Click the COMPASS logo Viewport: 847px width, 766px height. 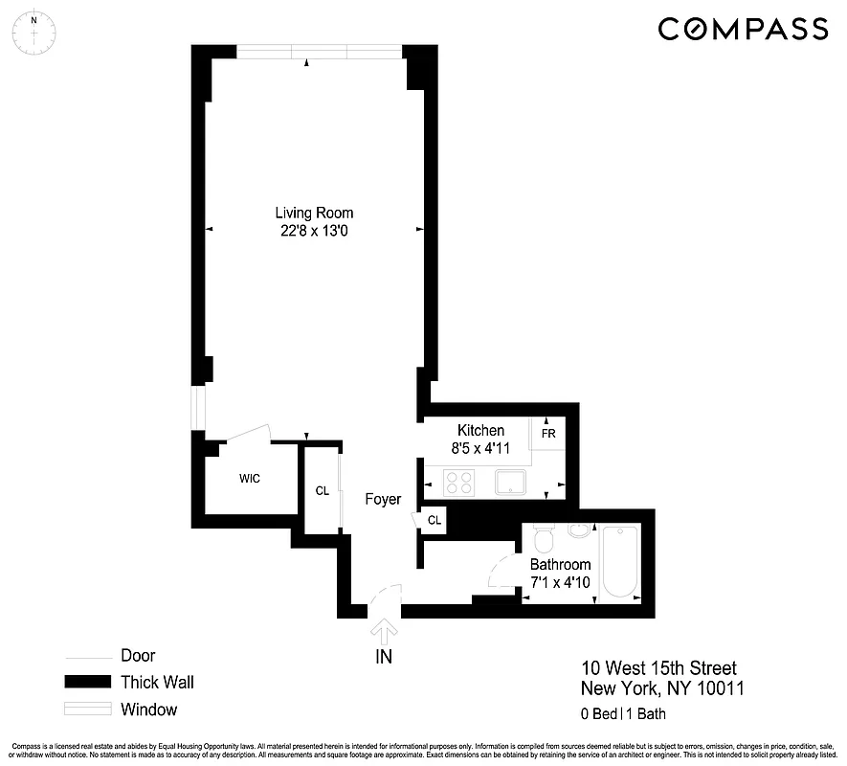[x=742, y=29]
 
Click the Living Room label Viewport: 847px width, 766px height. [x=314, y=213]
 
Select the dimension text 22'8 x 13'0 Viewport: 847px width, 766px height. [x=314, y=230]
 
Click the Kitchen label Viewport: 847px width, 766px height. [x=480, y=431]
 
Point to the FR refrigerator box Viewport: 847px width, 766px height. [x=549, y=432]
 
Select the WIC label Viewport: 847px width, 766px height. [x=250, y=478]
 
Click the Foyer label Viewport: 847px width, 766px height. [x=383, y=500]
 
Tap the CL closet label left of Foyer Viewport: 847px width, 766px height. [x=323, y=491]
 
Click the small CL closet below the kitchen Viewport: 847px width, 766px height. [x=434, y=520]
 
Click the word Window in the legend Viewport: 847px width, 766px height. [x=148, y=710]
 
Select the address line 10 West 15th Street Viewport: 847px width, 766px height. [x=659, y=668]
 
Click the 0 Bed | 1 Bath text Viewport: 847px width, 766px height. [x=623, y=713]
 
